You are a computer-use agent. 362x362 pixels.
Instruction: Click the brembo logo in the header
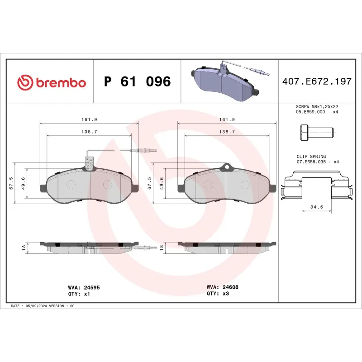pyautogui.click(x=51, y=82)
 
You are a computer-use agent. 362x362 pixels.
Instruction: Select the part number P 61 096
pyautogui.click(x=137, y=82)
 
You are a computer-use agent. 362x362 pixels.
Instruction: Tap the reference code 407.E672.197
pyautogui.click(x=316, y=82)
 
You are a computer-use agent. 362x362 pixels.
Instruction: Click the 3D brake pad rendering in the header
pyautogui.click(x=226, y=82)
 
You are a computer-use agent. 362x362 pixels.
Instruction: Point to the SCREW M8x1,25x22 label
pyautogui.click(x=316, y=106)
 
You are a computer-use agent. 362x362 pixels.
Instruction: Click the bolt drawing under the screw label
pyautogui.click(x=316, y=133)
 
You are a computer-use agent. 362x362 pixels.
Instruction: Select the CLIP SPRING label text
pyautogui.click(x=311, y=156)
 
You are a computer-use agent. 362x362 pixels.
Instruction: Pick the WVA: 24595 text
pyautogui.click(x=81, y=287)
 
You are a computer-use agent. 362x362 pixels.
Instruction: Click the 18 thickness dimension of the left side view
pyautogui.click(x=24, y=248)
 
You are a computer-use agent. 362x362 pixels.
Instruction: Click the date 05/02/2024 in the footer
pyautogui.click(x=37, y=306)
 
